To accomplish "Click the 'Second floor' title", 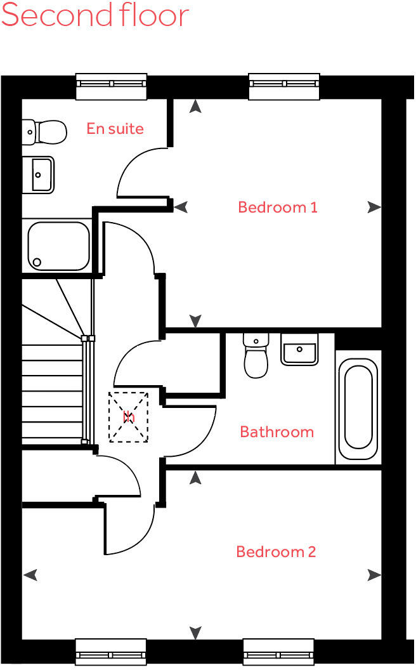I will pyautogui.click(x=95, y=15).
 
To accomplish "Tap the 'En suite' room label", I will pyautogui.click(x=115, y=129).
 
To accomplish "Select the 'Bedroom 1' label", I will pyautogui.click(x=277, y=207).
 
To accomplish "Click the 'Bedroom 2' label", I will pyautogui.click(x=276, y=551).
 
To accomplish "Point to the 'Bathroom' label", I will pyautogui.click(x=276, y=432).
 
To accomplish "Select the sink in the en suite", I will pyautogui.click(x=39, y=175).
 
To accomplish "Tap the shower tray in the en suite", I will pyautogui.click(x=58, y=246).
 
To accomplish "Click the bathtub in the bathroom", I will pyautogui.click(x=358, y=409).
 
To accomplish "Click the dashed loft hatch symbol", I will pyautogui.click(x=128, y=417).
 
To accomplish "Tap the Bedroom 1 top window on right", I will pyautogui.click(x=284, y=86).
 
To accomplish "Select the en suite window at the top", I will pyautogui.click(x=111, y=86).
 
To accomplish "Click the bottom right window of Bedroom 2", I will pyautogui.click(x=278, y=652).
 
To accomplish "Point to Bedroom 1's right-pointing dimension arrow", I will pyautogui.click(x=374, y=207).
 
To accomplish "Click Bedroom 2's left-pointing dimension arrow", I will pyautogui.click(x=30, y=575).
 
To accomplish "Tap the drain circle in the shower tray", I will pyautogui.click(x=37, y=262).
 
